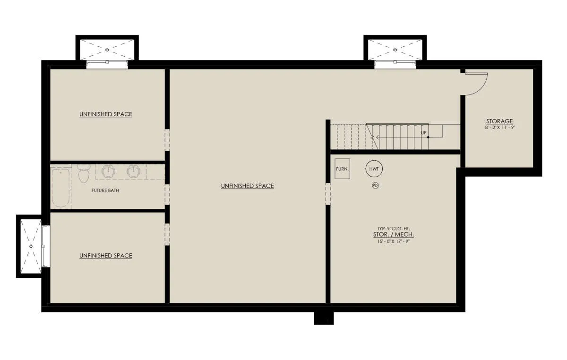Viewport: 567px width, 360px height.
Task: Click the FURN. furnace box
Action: click(342, 169)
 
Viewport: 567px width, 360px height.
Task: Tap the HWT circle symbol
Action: click(374, 169)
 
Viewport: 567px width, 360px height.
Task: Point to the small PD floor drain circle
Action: click(375, 186)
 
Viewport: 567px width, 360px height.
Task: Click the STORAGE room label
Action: click(499, 121)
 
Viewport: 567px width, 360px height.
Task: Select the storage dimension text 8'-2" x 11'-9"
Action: click(500, 128)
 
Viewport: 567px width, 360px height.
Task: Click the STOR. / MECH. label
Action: click(393, 235)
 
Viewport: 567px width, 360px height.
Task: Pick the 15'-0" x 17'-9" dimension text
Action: click(393, 241)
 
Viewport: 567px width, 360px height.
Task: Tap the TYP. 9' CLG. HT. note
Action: click(393, 228)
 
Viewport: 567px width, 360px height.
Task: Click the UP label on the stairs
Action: click(424, 133)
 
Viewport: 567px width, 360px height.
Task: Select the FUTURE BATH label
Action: click(105, 190)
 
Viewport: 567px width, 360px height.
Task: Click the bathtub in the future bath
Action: click(61, 188)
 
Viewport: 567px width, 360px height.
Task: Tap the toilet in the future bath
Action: click(84, 173)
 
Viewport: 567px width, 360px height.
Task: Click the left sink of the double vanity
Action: click(109, 171)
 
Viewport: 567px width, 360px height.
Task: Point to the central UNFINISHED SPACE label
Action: click(247, 186)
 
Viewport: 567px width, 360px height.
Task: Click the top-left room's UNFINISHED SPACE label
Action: click(106, 114)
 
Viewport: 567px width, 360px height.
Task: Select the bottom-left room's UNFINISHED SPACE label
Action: click(106, 256)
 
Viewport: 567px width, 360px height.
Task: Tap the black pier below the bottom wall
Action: click(324, 318)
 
